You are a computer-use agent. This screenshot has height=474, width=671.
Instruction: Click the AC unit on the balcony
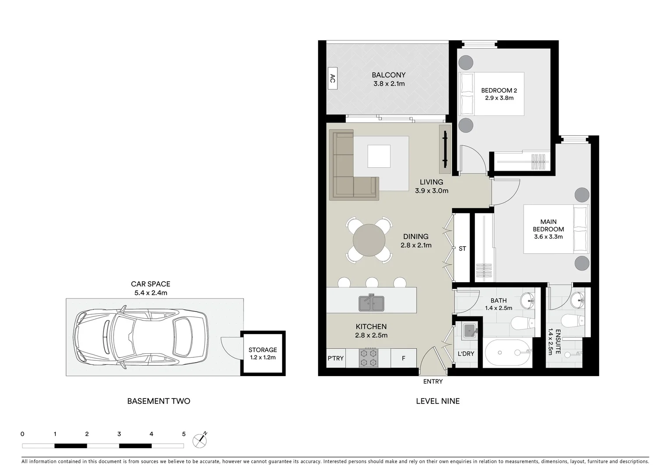click(332, 79)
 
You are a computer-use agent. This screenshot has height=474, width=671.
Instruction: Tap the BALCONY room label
click(388, 75)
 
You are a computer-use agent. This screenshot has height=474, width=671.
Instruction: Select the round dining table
click(369, 240)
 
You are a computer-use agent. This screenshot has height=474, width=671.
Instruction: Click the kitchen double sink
click(372, 303)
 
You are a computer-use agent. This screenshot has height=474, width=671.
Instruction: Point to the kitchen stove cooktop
click(368, 358)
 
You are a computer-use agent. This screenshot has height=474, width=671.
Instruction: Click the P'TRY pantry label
click(336, 358)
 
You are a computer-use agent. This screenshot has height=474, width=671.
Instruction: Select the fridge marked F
click(403, 358)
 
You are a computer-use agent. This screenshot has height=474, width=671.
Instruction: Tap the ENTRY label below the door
click(433, 381)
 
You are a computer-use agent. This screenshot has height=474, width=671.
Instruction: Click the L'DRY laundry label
click(466, 354)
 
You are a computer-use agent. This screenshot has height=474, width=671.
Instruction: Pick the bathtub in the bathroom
click(507, 352)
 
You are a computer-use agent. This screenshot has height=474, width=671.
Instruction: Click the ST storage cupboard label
click(462, 248)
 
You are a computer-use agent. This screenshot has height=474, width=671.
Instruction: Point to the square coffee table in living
click(379, 156)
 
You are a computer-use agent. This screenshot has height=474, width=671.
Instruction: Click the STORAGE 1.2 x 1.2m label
click(262, 353)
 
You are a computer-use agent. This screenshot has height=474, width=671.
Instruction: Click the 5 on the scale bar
click(183, 434)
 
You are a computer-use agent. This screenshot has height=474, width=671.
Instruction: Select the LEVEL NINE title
click(438, 401)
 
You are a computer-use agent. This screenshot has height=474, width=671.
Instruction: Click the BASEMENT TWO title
click(158, 401)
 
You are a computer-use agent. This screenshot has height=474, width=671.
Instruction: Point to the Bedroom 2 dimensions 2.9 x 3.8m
click(499, 98)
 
